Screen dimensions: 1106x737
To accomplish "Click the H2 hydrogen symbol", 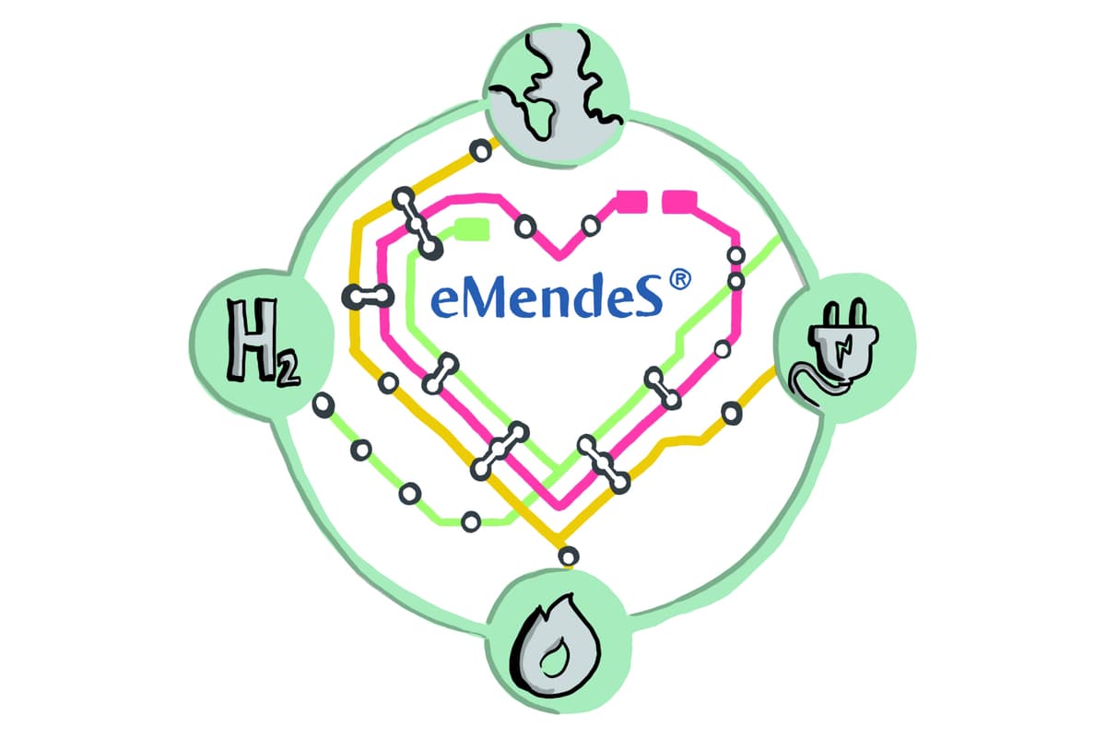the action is (263, 342).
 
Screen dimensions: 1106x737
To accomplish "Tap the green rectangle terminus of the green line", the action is (473, 229).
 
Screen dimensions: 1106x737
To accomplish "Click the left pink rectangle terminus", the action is (632, 202).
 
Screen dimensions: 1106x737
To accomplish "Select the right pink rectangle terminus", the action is (679, 202).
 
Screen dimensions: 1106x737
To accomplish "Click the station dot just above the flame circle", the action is (569, 556).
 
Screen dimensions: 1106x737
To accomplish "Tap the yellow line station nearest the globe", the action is (480, 149).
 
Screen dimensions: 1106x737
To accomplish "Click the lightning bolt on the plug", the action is (842, 348).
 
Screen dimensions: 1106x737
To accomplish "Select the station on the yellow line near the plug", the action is (731, 413).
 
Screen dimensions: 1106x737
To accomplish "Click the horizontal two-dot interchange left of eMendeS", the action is (368, 297).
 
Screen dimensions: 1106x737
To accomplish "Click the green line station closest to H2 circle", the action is (324, 405).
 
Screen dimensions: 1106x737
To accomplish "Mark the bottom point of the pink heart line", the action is (559, 506).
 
